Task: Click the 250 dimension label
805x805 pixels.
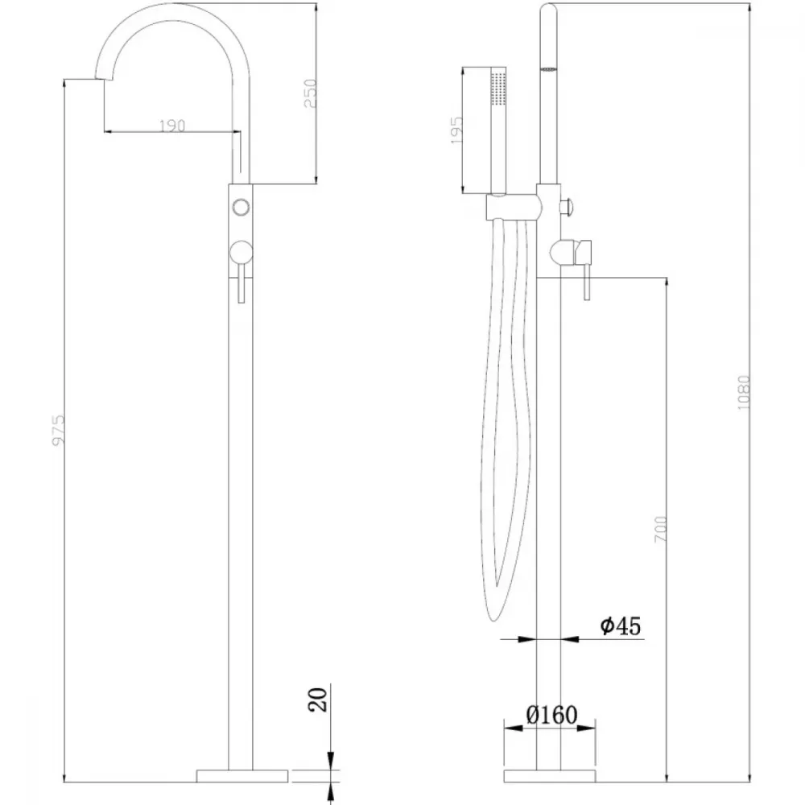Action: coord(311,93)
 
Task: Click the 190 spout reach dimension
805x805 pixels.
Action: coord(172,126)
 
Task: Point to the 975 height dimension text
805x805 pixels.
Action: coord(59,430)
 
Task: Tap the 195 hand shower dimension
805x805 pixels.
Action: coord(456,130)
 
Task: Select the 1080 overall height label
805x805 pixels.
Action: coord(743,393)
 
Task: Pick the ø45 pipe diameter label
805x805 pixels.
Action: coord(621,625)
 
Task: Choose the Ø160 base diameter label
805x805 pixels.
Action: coord(551,715)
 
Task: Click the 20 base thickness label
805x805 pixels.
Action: coord(318,700)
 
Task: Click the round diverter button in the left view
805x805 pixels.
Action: coord(241,208)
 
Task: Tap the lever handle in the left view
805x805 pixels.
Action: coord(241,270)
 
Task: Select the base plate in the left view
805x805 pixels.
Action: coord(242,776)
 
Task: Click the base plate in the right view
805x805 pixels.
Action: coord(549,776)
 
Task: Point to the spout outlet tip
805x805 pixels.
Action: coord(104,76)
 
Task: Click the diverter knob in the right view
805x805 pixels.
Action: coord(568,208)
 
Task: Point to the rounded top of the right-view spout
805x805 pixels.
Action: coord(549,8)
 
